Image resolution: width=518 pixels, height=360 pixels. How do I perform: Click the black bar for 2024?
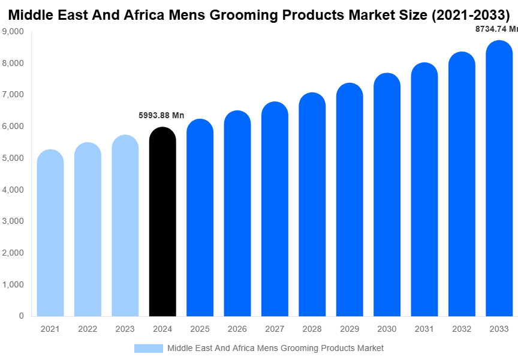[x=162, y=222]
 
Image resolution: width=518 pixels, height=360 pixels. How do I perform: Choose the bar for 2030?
[x=387, y=194]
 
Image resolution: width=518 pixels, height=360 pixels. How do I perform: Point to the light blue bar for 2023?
[x=125, y=226]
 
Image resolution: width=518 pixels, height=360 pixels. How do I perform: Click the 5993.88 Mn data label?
[x=161, y=115]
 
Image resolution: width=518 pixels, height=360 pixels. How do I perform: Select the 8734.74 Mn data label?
[x=496, y=28]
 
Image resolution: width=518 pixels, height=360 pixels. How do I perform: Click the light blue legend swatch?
[x=148, y=348]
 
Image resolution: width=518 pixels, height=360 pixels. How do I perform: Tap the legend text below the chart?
[x=275, y=348]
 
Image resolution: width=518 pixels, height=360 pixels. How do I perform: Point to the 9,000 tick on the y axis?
[x=13, y=31]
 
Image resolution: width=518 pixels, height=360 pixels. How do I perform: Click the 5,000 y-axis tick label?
[x=13, y=158]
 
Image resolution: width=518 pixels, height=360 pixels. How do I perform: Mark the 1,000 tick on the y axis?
[x=13, y=284]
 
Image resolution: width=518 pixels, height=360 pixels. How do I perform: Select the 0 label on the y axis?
[x=21, y=316]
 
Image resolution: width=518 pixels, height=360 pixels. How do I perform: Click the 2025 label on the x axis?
[x=200, y=329]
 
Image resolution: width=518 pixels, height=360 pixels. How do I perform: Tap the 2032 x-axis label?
[x=462, y=329]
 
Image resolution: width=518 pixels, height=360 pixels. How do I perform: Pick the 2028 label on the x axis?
[x=312, y=329]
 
